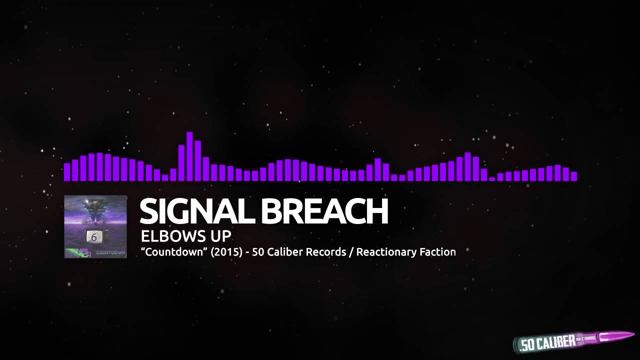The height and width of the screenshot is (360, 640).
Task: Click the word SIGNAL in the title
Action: [x=197, y=211]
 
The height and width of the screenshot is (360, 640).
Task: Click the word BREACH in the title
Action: [x=324, y=211]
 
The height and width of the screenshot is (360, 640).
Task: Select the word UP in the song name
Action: [x=220, y=236]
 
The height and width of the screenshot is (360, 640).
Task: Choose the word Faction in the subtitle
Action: [x=438, y=252]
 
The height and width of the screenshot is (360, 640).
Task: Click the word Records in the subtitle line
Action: [x=326, y=252]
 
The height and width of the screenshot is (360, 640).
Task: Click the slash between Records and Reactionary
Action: [x=351, y=252]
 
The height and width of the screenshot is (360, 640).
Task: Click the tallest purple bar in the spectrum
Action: [x=189, y=156]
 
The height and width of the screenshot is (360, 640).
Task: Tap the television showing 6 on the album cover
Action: [x=93, y=237]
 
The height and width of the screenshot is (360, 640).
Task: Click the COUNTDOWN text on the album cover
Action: [x=110, y=252]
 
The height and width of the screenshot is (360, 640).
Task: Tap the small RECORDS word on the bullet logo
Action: [x=585, y=339]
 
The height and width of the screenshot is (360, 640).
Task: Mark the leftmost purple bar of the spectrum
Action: [x=67, y=171]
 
